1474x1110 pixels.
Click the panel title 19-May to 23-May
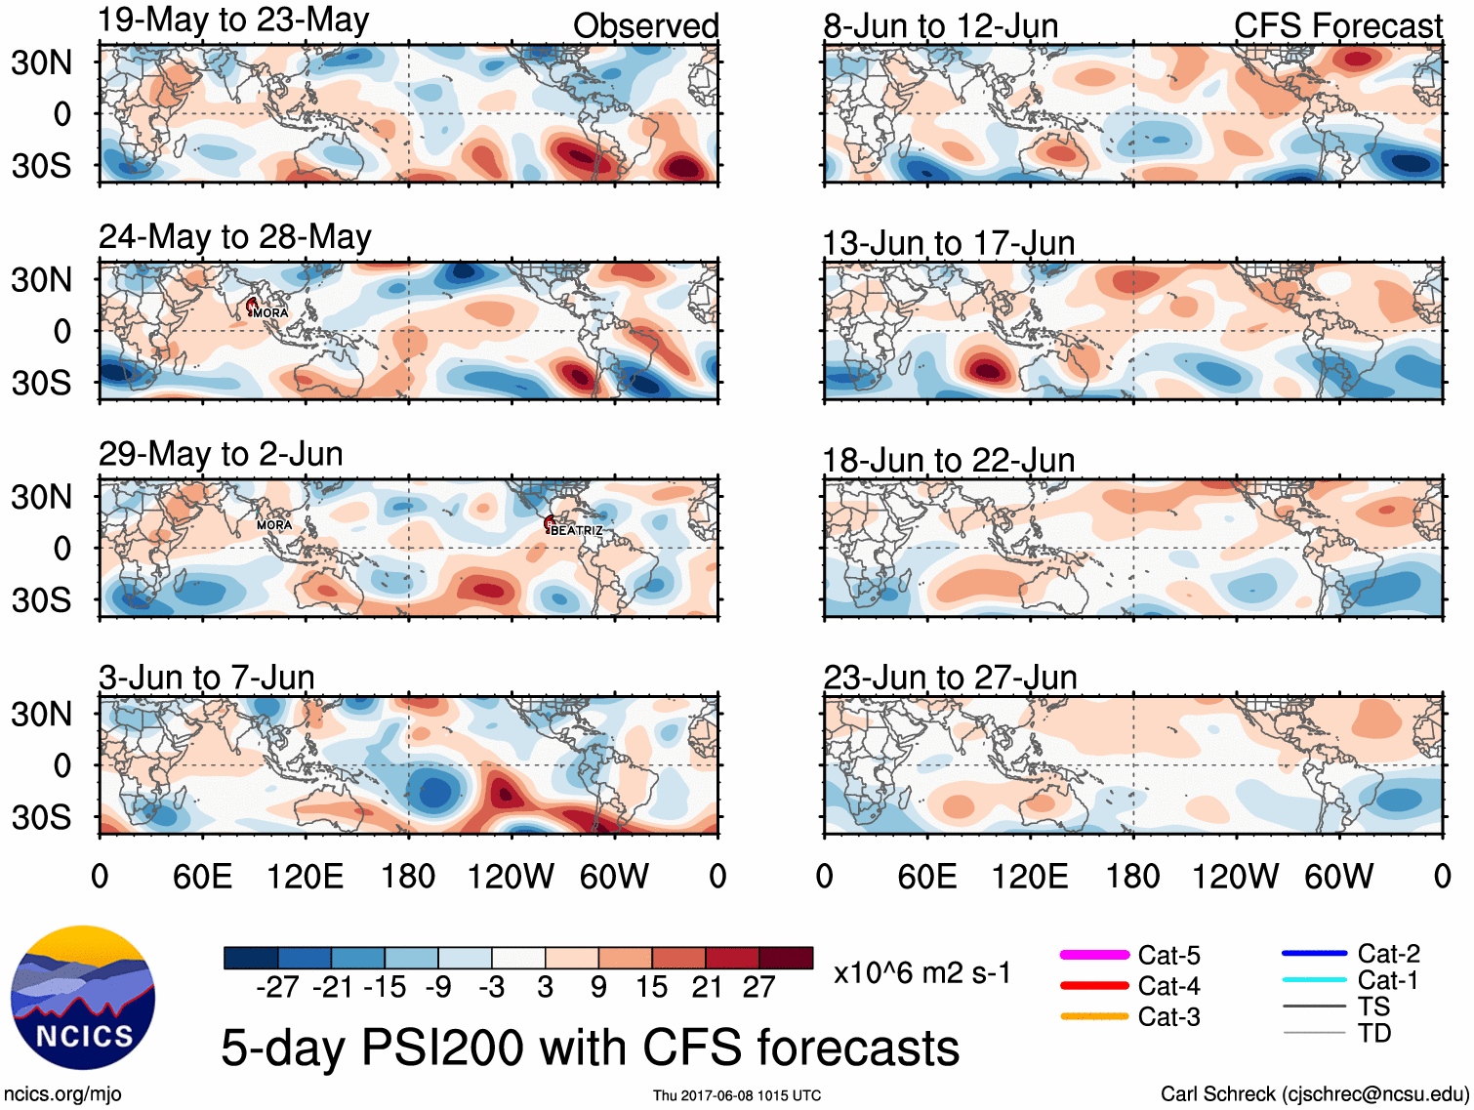pyautogui.click(x=233, y=21)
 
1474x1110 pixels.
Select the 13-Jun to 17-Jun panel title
pyautogui.click(x=948, y=242)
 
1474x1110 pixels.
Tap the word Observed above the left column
pyautogui.click(x=645, y=26)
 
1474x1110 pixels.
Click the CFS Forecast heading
pyautogui.click(x=1337, y=26)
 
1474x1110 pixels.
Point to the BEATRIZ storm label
pyautogui.click(x=576, y=530)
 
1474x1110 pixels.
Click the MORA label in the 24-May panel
pyautogui.click(x=270, y=313)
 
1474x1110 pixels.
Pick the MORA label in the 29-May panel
pyautogui.click(x=274, y=525)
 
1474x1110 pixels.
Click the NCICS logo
pyautogui.click(x=83, y=997)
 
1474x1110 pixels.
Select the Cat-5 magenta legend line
pyautogui.click(x=1094, y=955)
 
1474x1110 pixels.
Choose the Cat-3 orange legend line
pyautogui.click(x=1094, y=1016)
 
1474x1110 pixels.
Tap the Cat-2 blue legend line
pyautogui.click(x=1314, y=953)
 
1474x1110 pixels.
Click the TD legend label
pyautogui.click(x=1374, y=1033)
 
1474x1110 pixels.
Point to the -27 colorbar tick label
pyautogui.click(x=277, y=987)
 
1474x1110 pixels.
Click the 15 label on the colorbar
pyautogui.click(x=652, y=987)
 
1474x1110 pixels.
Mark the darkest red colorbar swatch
pyautogui.click(x=786, y=958)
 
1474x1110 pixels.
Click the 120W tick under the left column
pyautogui.click(x=511, y=876)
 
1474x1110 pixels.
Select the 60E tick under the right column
pyautogui.click(x=926, y=876)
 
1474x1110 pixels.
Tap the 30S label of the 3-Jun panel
pyautogui.click(x=41, y=816)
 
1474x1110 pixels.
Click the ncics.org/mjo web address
pyautogui.click(x=62, y=1093)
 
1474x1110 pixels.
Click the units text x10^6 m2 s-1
pyautogui.click(x=921, y=973)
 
